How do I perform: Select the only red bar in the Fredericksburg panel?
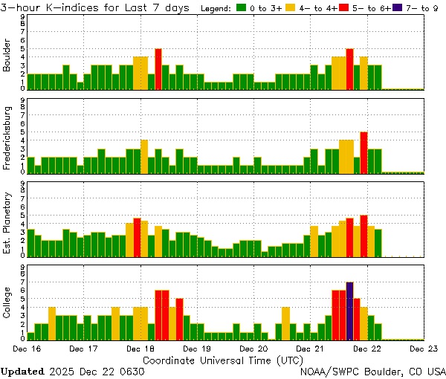363,152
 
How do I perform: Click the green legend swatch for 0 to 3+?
242,8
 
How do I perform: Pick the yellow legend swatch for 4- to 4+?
289,8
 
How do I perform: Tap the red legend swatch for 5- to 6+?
343,8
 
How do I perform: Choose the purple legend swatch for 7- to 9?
396,8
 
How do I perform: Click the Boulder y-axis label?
7,56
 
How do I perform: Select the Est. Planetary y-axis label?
7,222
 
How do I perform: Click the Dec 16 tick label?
27,348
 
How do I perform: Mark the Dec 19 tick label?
197,348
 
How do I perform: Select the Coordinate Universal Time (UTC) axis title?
223,360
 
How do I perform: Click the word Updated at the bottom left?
22,371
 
